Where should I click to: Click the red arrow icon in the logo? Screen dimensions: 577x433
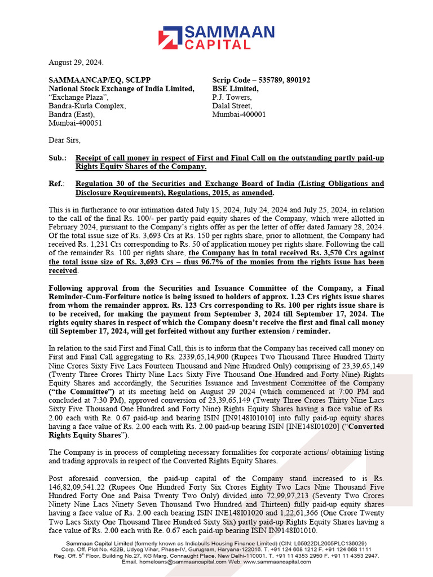(x=169, y=37)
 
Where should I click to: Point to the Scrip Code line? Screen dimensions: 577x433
(x=260, y=80)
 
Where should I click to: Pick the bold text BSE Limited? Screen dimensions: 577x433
(x=235, y=88)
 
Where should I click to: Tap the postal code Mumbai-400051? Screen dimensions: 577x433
(x=76, y=122)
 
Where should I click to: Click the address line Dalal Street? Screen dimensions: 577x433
(x=232, y=105)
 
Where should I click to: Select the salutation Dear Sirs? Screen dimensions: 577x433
(x=65, y=140)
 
